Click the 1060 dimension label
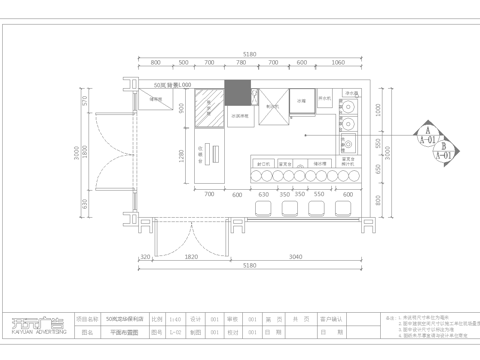[x=339, y=61]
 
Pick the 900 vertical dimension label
[x=183, y=108]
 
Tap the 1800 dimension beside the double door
[x=85, y=152]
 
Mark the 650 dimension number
[x=85, y=204]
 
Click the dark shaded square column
[x=237, y=92]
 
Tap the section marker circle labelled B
[x=441, y=147]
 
